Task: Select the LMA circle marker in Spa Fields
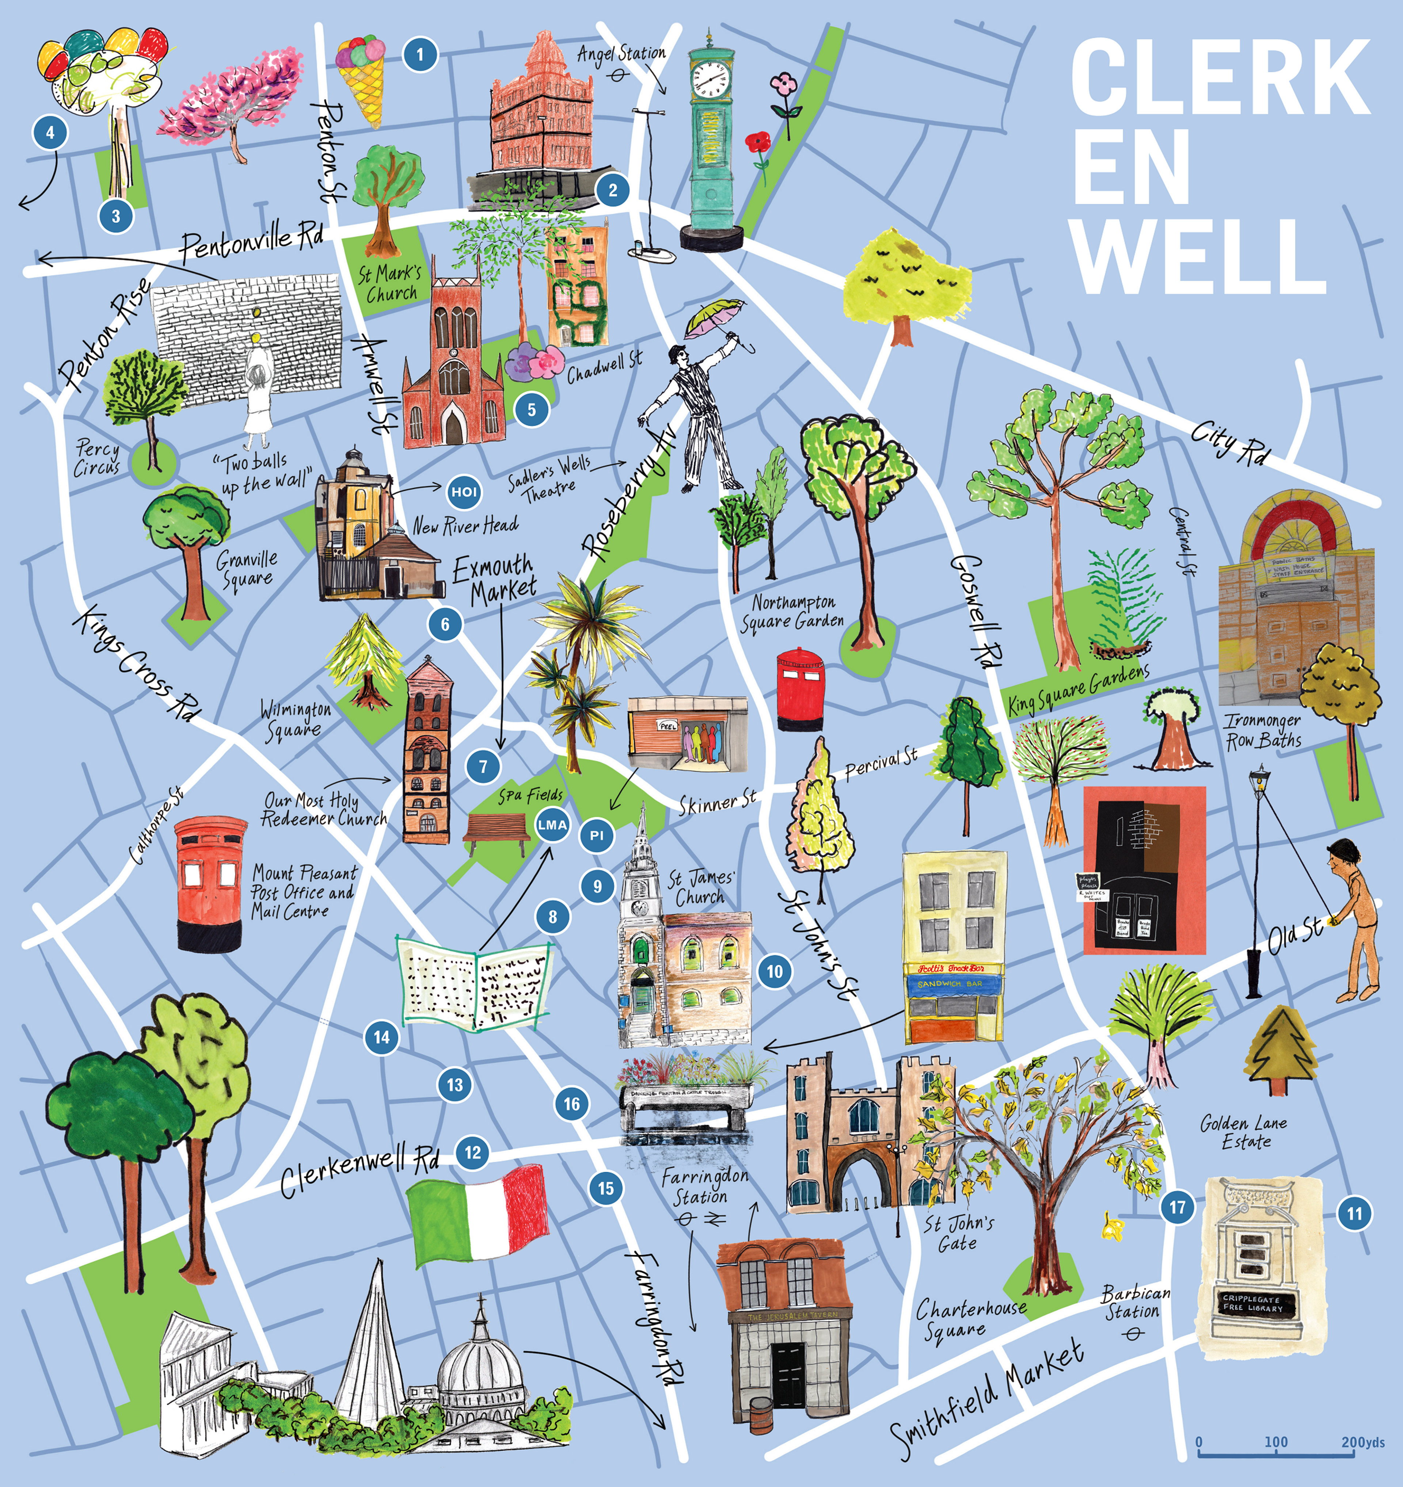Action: tap(552, 824)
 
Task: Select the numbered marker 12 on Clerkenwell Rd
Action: tap(473, 1152)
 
